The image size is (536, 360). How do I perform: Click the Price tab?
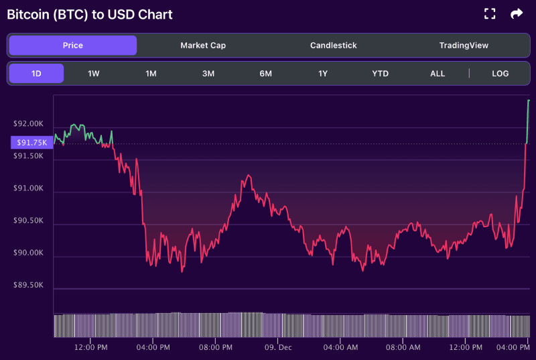[72, 46]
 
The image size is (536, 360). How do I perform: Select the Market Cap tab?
[203, 46]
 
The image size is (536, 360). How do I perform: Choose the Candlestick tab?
[333, 46]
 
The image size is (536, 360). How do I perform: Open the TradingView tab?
[464, 46]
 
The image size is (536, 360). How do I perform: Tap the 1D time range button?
[36, 74]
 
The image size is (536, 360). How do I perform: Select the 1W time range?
[94, 74]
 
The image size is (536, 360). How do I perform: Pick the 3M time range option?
[208, 74]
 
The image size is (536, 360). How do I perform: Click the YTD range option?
[380, 74]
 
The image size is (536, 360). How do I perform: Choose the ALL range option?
[438, 74]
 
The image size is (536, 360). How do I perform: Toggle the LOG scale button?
[500, 74]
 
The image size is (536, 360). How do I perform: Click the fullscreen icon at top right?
[490, 13]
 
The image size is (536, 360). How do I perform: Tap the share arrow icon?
[517, 13]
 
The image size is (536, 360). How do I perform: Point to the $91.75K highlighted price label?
[31, 143]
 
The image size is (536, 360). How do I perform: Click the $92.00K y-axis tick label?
[29, 124]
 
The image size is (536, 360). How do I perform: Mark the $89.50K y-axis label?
[29, 285]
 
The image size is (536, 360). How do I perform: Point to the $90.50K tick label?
[29, 221]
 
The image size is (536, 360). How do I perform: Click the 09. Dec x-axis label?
[277, 347]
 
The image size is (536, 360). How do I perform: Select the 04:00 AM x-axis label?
[340, 347]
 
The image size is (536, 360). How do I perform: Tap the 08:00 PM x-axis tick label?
[216, 347]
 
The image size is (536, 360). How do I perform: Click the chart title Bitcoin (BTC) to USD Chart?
[89, 14]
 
